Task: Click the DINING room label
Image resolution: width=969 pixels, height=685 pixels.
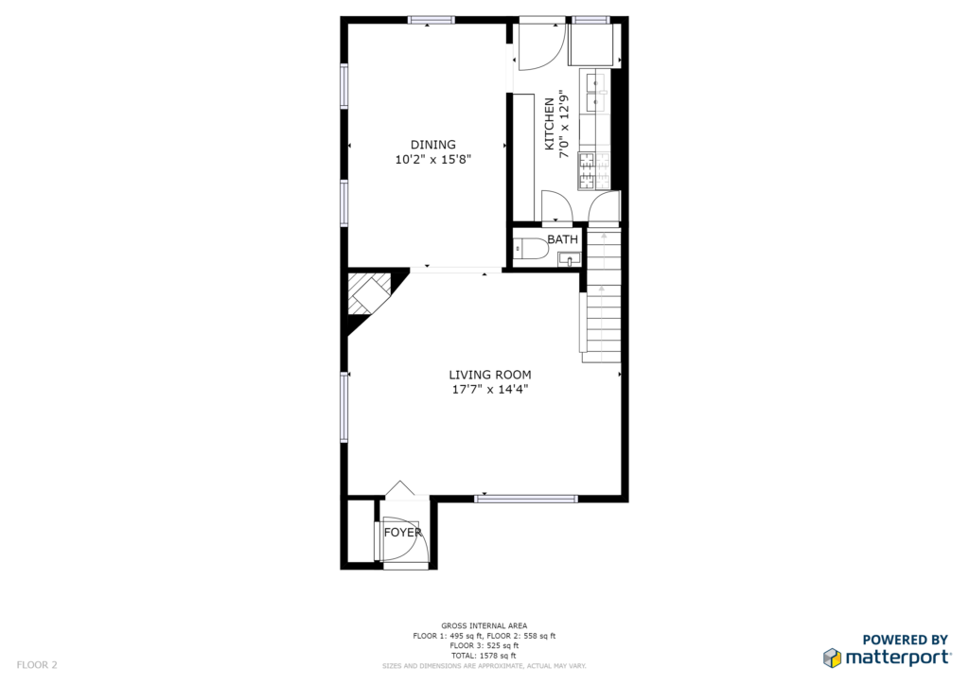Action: pyautogui.click(x=433, y=145)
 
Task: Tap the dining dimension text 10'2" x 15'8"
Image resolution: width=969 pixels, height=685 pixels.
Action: pyautogui.click(x=433, y=160)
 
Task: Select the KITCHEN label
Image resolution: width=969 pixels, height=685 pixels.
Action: pyautogui.click(x=549, y=124)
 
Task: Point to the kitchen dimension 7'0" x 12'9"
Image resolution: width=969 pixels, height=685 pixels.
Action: pyautogui.click(x=564, y=124)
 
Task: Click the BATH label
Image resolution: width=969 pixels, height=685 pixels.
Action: pyautogui.click(x=562, y=239)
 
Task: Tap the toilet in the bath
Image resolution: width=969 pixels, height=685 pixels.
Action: pyautogui.click(x=530, y=248)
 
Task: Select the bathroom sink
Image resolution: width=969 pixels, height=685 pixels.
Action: pyautogui.click(x=569, y=258)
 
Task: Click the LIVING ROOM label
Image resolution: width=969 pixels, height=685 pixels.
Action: pyautogui.click(x=490, y=375)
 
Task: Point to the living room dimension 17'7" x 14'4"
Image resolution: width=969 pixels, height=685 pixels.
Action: pyautogui.click(x=490, y=390)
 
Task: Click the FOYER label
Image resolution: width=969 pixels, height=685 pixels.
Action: pyautogui.click(x=403, y=532)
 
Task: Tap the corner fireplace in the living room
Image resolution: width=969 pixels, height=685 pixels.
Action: pyautogui.click(x=370, y=294)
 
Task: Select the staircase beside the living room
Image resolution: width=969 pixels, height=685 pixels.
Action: pyautogui.click(x=602, y=295)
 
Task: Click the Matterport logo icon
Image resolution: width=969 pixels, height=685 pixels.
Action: pyautogui.click(x=832, y=658)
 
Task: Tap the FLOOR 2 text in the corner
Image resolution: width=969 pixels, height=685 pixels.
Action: pyautogui.click(x=37, y=664)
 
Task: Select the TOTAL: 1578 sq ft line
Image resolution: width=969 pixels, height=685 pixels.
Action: pyautogui.click(x=484, y=656)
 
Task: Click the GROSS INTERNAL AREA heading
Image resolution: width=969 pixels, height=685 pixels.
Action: pyautogui.click(x=484, y=625)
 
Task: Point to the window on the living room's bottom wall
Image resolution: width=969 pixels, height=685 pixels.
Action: pyautogui.click(x=526, y=499)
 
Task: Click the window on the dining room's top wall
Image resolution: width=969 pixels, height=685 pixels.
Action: pyautogui.click(x=431, y=20)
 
